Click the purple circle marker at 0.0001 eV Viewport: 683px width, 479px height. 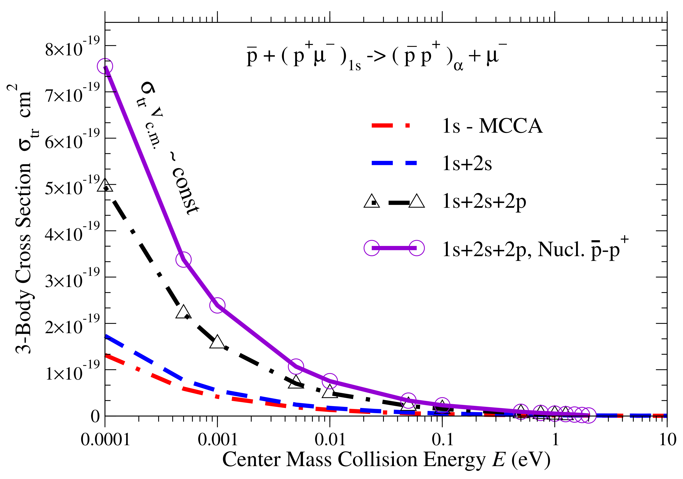point(105,66)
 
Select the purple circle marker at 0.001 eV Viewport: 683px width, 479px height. point(217,305)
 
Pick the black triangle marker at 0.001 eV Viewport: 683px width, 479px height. point(217,342)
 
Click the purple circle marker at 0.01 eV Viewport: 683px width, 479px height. point(330,381)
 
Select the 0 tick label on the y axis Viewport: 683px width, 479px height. point(95,416)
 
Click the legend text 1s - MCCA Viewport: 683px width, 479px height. point(492,126)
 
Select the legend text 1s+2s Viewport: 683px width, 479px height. point(467,164)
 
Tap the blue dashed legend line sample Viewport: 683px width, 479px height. point(394,163)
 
